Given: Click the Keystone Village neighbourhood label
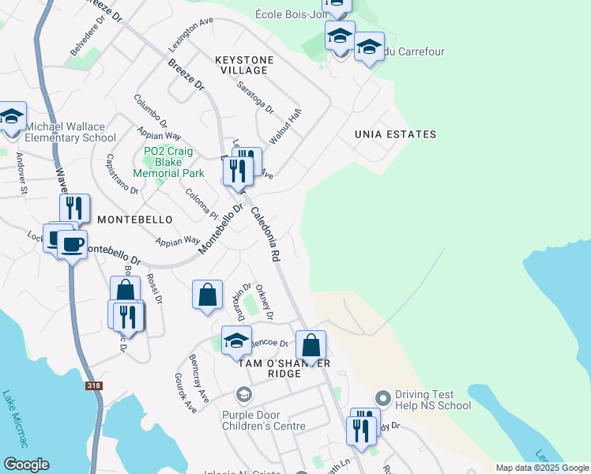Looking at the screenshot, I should click(x=244, y=65).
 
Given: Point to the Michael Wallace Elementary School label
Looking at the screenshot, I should click(x=70, y=132).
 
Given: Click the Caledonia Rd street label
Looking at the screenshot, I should click(x=265, y=235).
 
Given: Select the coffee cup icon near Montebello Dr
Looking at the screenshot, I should click(x=71, y=243).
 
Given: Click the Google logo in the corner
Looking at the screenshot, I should click(x=26, y=465).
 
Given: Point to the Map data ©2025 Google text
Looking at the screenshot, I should click(x=542, y=468).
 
